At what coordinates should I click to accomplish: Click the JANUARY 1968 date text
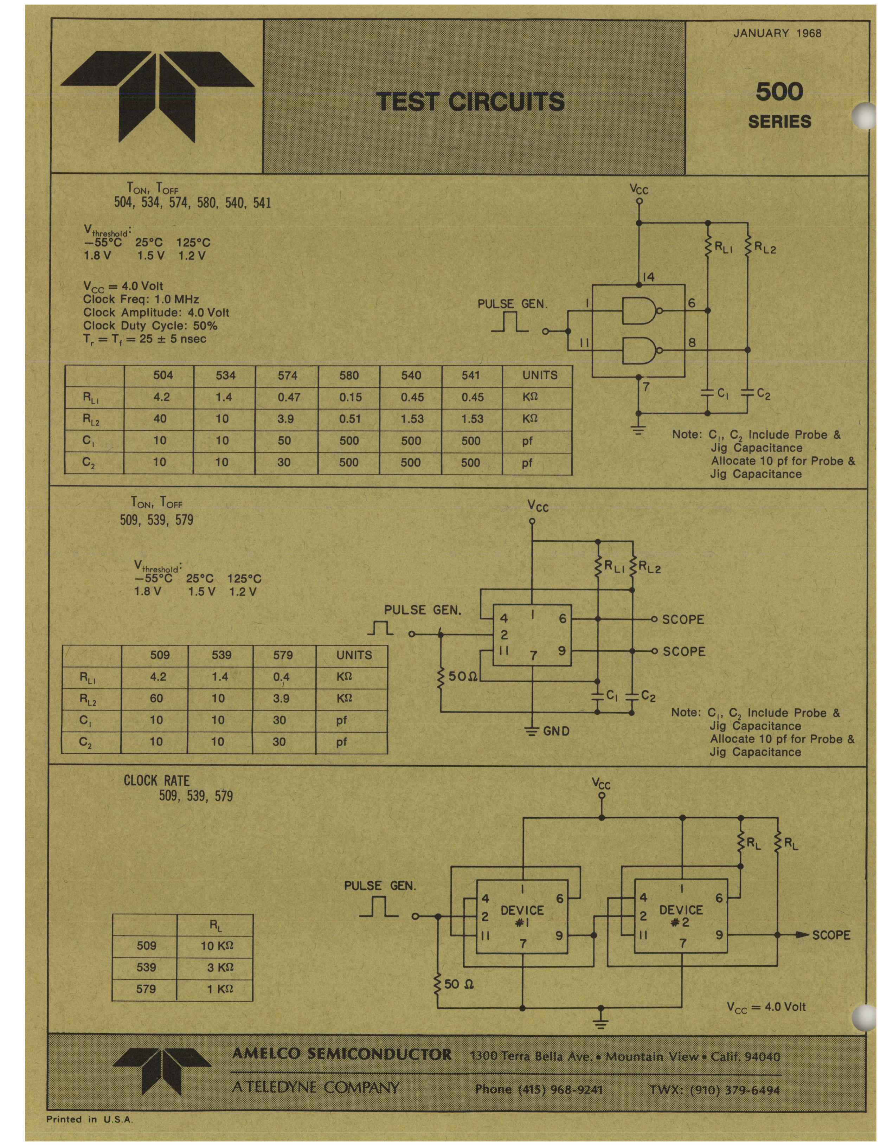pos(777,34)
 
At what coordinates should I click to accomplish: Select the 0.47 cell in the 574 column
pos(289,398)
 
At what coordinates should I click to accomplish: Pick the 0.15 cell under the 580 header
pos(350,398)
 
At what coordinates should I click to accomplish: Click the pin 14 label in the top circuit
pos(649,277)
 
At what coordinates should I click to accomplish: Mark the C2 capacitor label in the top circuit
pos(763,394)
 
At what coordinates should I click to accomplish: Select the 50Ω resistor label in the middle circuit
pos(462,676)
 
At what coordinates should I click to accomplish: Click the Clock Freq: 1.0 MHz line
pos(141,300)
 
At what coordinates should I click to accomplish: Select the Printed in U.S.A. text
pos(90,1119)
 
